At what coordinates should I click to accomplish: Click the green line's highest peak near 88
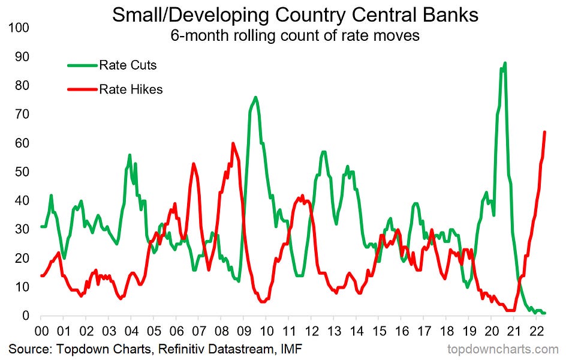(505, 63)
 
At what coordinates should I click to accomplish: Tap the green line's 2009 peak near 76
(255, 97)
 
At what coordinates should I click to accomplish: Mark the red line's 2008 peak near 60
(233, 143)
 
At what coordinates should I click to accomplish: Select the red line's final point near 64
(544, 132)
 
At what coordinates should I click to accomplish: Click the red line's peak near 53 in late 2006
(193, 163)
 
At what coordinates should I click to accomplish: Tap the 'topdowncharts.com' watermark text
(503, 349)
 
